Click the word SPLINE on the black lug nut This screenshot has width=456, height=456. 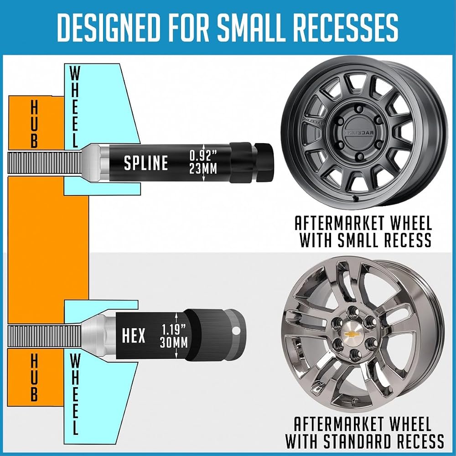click(x=146, y=163)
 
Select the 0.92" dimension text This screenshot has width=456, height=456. click(x=203, y=155)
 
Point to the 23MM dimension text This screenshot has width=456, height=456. click(x=203, y=169)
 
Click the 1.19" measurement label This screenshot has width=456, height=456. click(x=174, y=330)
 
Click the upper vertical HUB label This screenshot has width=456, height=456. click(x=34, y=124)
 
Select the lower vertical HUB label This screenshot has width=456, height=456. click(x=34, y=377)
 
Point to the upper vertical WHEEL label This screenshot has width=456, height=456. click(x=75, y=106)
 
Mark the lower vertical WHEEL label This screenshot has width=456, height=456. click(x=74, y=394)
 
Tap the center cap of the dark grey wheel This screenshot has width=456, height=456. click(x=360, y=132)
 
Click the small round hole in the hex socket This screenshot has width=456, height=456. click(x=236, y=331)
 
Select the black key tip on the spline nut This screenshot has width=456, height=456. click(x=263, y=163)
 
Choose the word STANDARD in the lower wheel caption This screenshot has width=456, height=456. click(x=358, y=441)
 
